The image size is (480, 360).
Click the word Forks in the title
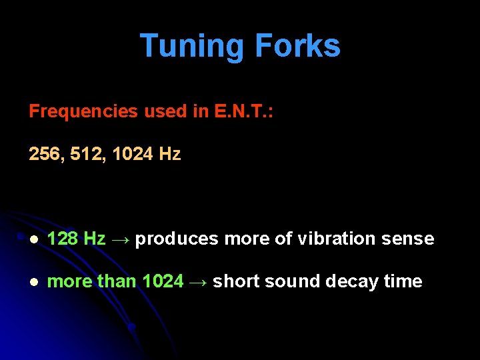(297, 47)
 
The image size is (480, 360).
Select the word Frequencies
(84, 111)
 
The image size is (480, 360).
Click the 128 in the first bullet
(63, 239)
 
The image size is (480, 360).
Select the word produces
(177, 239)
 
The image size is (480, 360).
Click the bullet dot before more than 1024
(34, 282)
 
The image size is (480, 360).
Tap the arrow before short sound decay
(198, 281)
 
